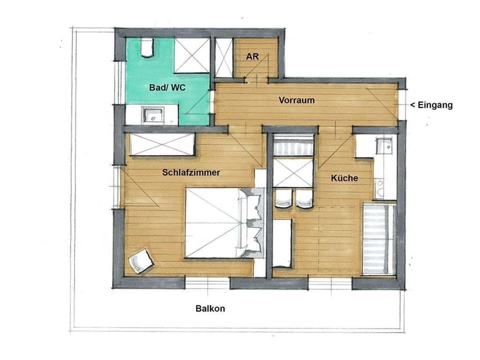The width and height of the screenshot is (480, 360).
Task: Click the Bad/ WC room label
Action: [167, 87]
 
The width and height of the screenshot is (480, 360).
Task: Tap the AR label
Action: [252, 56]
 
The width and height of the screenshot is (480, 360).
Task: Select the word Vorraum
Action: [296, 100]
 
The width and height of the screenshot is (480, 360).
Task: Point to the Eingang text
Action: [431, 105]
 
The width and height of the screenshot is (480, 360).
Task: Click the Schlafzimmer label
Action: [191, 172]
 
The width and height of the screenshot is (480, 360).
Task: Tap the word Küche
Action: [344, 178]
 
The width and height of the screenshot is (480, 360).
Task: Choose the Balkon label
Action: [210, 308]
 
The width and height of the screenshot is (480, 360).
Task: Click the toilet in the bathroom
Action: [146, 47]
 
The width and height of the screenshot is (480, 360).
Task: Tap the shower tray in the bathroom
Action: [191, 55]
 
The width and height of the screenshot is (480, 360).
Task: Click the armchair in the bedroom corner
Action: [140, 261]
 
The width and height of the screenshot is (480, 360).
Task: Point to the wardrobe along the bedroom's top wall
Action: [161, 144]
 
